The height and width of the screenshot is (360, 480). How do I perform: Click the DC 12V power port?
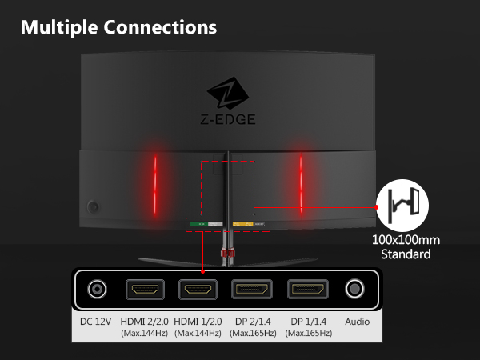97,289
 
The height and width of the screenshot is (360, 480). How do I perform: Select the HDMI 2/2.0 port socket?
145,290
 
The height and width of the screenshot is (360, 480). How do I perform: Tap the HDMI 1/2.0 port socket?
198,290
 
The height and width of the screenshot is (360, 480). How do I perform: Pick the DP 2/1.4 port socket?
252,289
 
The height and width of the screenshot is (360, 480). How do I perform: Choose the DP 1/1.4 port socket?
308,289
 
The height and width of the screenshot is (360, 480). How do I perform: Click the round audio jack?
354,289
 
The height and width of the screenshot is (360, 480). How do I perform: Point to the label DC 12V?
95,322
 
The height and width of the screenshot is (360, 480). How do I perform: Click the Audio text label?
358,322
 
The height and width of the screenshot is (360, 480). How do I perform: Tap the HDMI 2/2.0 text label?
145,322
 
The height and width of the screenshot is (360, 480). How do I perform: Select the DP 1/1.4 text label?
309,322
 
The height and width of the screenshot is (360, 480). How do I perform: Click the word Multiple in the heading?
59,27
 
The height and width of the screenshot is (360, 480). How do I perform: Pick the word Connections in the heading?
160,27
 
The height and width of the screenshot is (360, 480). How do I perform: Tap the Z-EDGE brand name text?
228,119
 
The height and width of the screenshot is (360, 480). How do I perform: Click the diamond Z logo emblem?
228,93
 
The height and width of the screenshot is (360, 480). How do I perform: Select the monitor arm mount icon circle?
402,206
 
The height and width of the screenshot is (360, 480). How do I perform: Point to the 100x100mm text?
406,240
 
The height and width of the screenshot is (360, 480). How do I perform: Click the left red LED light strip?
155,186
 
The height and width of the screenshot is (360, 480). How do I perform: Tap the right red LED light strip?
301,184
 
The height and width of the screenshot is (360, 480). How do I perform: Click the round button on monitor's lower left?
93,207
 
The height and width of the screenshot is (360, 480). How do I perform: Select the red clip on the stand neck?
227,253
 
